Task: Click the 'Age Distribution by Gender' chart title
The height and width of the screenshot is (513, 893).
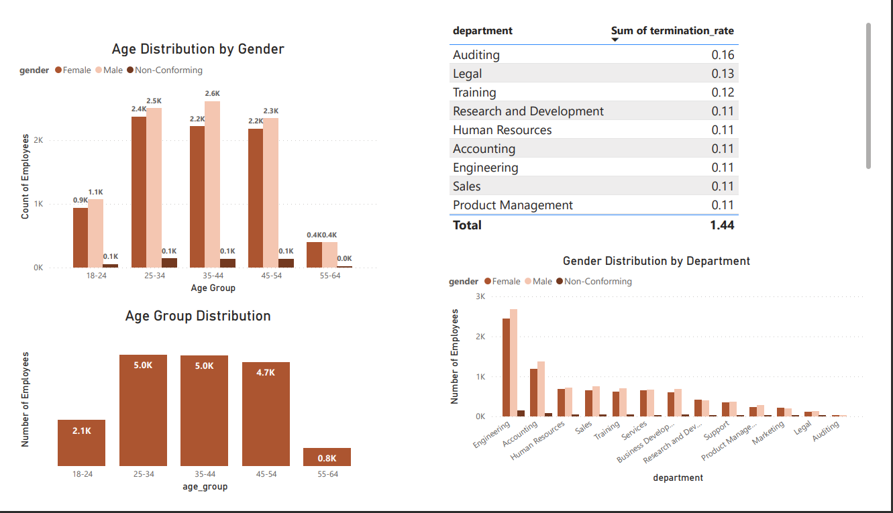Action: click(198, 49)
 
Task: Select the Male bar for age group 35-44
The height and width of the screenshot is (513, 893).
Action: click(212, 184)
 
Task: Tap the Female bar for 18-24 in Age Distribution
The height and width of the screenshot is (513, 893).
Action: click(81, 237)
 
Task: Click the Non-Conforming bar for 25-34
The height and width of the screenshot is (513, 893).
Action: click(169, 263)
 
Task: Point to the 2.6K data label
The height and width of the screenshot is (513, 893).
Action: click(212, 94)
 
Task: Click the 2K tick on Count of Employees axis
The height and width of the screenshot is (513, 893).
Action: click(38, 141)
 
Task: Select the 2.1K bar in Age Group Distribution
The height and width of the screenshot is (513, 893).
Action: click(81, 443)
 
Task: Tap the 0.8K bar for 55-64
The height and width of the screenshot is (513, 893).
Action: click(327, 457)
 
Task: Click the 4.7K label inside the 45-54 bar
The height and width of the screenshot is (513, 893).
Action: click(266, 372)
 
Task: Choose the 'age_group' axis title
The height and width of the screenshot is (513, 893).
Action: click(205, 487)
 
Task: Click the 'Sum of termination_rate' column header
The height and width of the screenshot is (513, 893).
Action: click(672, 31)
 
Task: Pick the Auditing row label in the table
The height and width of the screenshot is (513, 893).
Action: click(476, 55)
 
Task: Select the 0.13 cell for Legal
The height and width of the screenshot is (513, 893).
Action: click(723, 74)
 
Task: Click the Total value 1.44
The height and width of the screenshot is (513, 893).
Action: click(722, 225)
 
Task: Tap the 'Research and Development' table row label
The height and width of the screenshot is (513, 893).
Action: click(528, 111)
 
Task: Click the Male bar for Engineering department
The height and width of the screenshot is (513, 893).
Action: click(513, 363)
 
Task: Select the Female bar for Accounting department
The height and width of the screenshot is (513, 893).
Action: click(534, 392)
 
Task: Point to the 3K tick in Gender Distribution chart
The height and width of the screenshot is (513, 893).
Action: click(480, 296)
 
